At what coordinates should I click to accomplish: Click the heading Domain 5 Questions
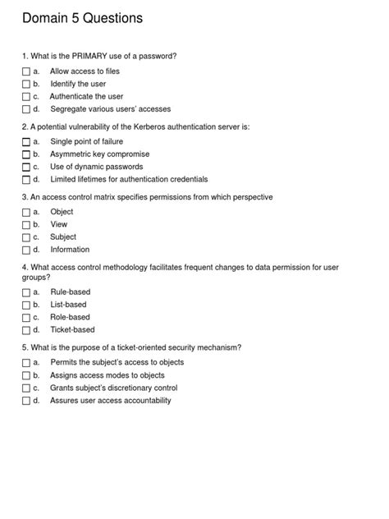point(82,18)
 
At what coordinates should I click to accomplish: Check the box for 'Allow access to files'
point(26,71)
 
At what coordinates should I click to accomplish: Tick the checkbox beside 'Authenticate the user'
point(26,97)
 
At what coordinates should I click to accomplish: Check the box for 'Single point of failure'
point(26,142)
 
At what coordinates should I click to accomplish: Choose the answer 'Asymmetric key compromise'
point(99,154)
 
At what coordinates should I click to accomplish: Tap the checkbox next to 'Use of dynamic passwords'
point(26,167)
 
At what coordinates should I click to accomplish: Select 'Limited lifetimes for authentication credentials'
point(129,179)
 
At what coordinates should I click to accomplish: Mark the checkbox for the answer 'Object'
point(26,212)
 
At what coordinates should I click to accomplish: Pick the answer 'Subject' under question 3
point(63,237)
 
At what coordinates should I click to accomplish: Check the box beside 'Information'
point(26,250)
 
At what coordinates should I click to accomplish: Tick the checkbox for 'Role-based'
point(26,317)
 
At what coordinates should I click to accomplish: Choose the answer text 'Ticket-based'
point(72,329)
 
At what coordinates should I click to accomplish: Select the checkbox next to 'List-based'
point(26,305)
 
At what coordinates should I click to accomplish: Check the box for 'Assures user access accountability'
point(26,401)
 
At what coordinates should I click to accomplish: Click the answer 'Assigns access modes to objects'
point(108,375)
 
